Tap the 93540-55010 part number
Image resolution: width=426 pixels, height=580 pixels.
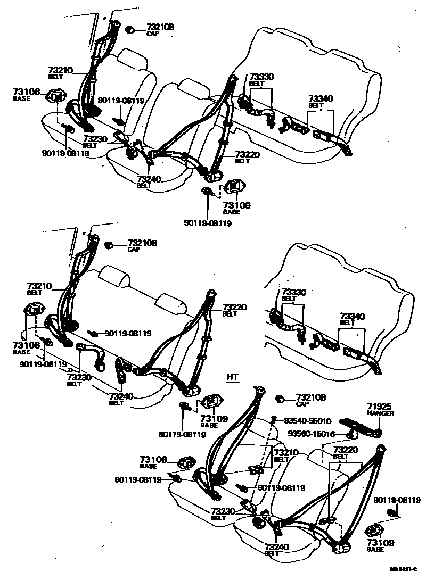click(306, 420)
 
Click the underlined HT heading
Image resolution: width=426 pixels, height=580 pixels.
click(233, 377)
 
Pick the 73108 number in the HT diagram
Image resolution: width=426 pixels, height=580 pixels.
click(153, 460)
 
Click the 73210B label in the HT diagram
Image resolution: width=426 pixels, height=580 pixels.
click(310, 397)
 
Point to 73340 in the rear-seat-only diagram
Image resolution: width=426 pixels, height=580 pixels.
click(352, 317)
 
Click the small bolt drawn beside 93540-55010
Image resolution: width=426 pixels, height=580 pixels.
click(273, 420)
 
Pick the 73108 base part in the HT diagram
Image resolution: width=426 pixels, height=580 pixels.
click(185, 463)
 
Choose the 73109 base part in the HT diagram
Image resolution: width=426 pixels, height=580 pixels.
click(376, 531)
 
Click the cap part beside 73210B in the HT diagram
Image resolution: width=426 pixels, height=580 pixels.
click(279, 399)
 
